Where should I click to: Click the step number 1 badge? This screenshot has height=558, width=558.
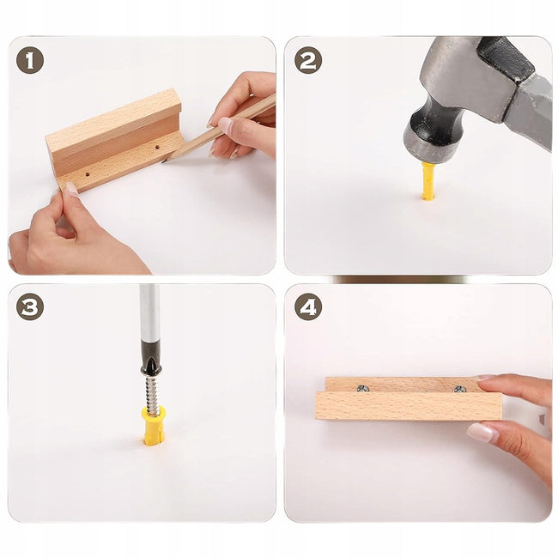(x=30, y=60)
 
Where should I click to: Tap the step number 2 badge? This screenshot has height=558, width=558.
(x=308, y=60)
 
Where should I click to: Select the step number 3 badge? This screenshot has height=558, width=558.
(x=30, y=306)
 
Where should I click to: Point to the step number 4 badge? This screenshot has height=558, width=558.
(x=308, y=306)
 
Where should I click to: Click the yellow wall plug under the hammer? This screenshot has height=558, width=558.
(x=428, y=181)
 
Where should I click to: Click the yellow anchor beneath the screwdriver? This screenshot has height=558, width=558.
(x=153, y=427)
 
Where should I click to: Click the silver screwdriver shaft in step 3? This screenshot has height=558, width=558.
(x=149, y=312)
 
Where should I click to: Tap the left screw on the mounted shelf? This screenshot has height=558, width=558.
(x=362, y=388)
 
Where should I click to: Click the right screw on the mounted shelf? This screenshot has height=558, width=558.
(x=459, y=389)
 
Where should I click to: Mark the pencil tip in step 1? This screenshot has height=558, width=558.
(x=164, y=161)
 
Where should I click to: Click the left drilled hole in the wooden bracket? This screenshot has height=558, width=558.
(x=88, y=175)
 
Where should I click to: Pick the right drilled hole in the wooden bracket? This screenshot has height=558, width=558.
(x=157, y=147)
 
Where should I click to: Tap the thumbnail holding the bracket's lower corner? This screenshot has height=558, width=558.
(x=72, y=189)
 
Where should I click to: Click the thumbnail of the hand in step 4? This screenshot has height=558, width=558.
(x=481, y=432)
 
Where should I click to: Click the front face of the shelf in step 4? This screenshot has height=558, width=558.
(x=409, y=406)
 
